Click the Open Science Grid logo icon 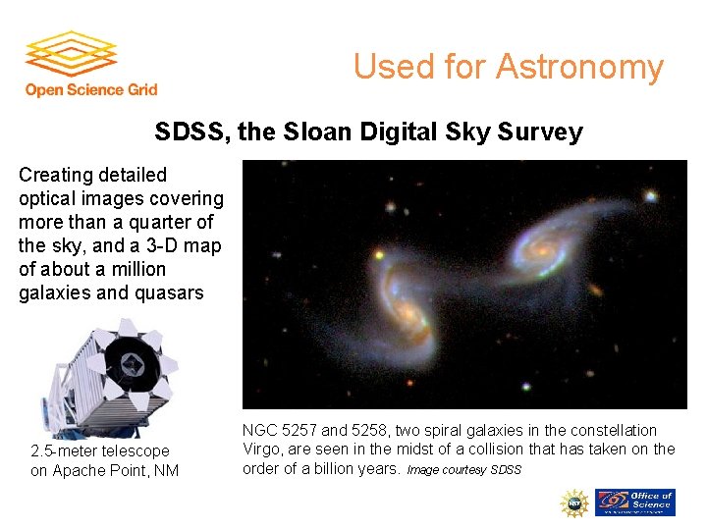(x=71, y=56)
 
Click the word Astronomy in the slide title (x=579, y=67)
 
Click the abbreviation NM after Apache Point (x=166, y=470)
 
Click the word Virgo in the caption (x=263, y=450)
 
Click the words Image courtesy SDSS (x=463, y=470)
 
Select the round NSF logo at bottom (x=573, y=503)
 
